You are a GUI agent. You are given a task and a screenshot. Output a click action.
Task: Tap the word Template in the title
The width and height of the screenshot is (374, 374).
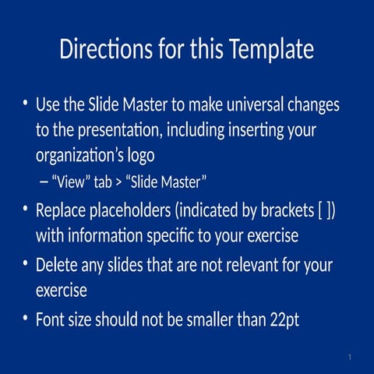coord(271,50)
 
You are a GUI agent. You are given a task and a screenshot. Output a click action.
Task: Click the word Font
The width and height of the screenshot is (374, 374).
coord(51,319)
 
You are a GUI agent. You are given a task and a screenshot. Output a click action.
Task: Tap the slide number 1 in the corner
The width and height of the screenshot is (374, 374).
coord(351,357)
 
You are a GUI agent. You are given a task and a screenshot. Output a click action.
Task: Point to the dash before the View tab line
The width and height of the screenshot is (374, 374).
coord(42,182)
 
